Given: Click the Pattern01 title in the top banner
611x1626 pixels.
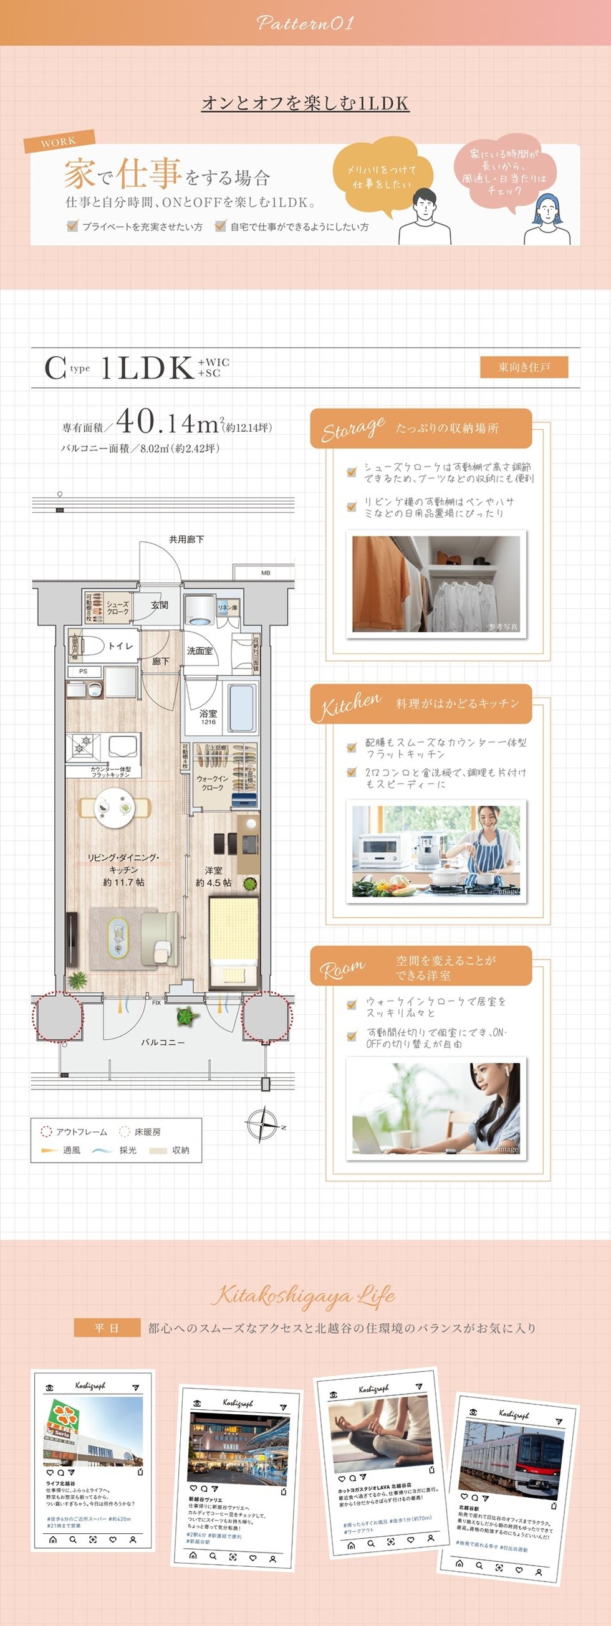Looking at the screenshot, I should coord(305,23).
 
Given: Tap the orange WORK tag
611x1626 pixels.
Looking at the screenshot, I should coord(59,141).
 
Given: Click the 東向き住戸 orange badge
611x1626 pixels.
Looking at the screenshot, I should coord(524,368).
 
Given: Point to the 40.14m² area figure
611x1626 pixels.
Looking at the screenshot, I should coord(170,422).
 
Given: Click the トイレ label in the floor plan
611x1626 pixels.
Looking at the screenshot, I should coord(120,646).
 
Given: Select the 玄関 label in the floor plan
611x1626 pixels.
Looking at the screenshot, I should coord(160,606).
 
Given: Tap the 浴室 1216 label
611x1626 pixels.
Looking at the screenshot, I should coord(208,716).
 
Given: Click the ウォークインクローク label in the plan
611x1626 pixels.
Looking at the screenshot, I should coord(213,782).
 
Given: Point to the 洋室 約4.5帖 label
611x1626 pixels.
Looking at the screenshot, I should coord(214,876).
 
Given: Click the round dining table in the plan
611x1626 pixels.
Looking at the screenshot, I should coord(114,807).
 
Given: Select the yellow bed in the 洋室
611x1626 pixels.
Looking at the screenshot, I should coord(234,941).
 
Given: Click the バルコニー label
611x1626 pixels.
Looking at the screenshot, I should coord(162,1042).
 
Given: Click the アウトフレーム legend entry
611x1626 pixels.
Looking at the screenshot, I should coord(75,1132).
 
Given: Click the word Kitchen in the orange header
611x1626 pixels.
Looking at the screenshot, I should coord(350,705).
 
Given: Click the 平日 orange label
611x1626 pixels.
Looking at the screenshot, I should coord(107,1328).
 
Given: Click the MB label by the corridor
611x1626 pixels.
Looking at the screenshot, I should coord(266,573).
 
